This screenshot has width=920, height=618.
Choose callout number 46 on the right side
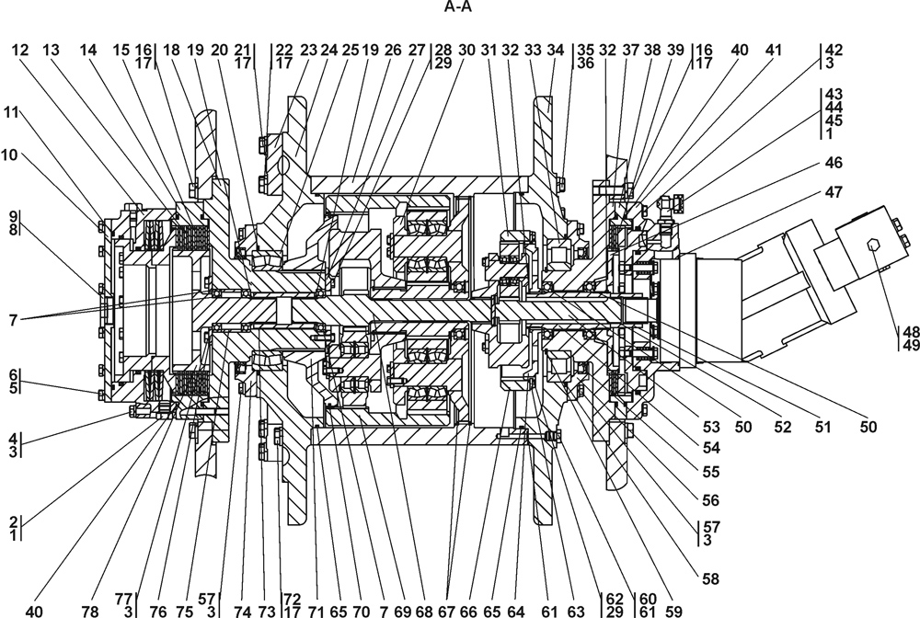tap(834, 163)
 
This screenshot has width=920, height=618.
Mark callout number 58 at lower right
tap(709, 578)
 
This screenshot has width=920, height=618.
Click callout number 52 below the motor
tap(783, 427)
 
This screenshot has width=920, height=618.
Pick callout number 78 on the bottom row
tap(90, 611)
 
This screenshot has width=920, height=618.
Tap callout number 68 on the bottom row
tap(423, 611)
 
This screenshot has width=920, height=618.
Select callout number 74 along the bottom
tap(242, 611)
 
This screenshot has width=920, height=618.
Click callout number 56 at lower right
tap(709, 501)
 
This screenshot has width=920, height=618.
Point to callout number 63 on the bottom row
tap(577, 611)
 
